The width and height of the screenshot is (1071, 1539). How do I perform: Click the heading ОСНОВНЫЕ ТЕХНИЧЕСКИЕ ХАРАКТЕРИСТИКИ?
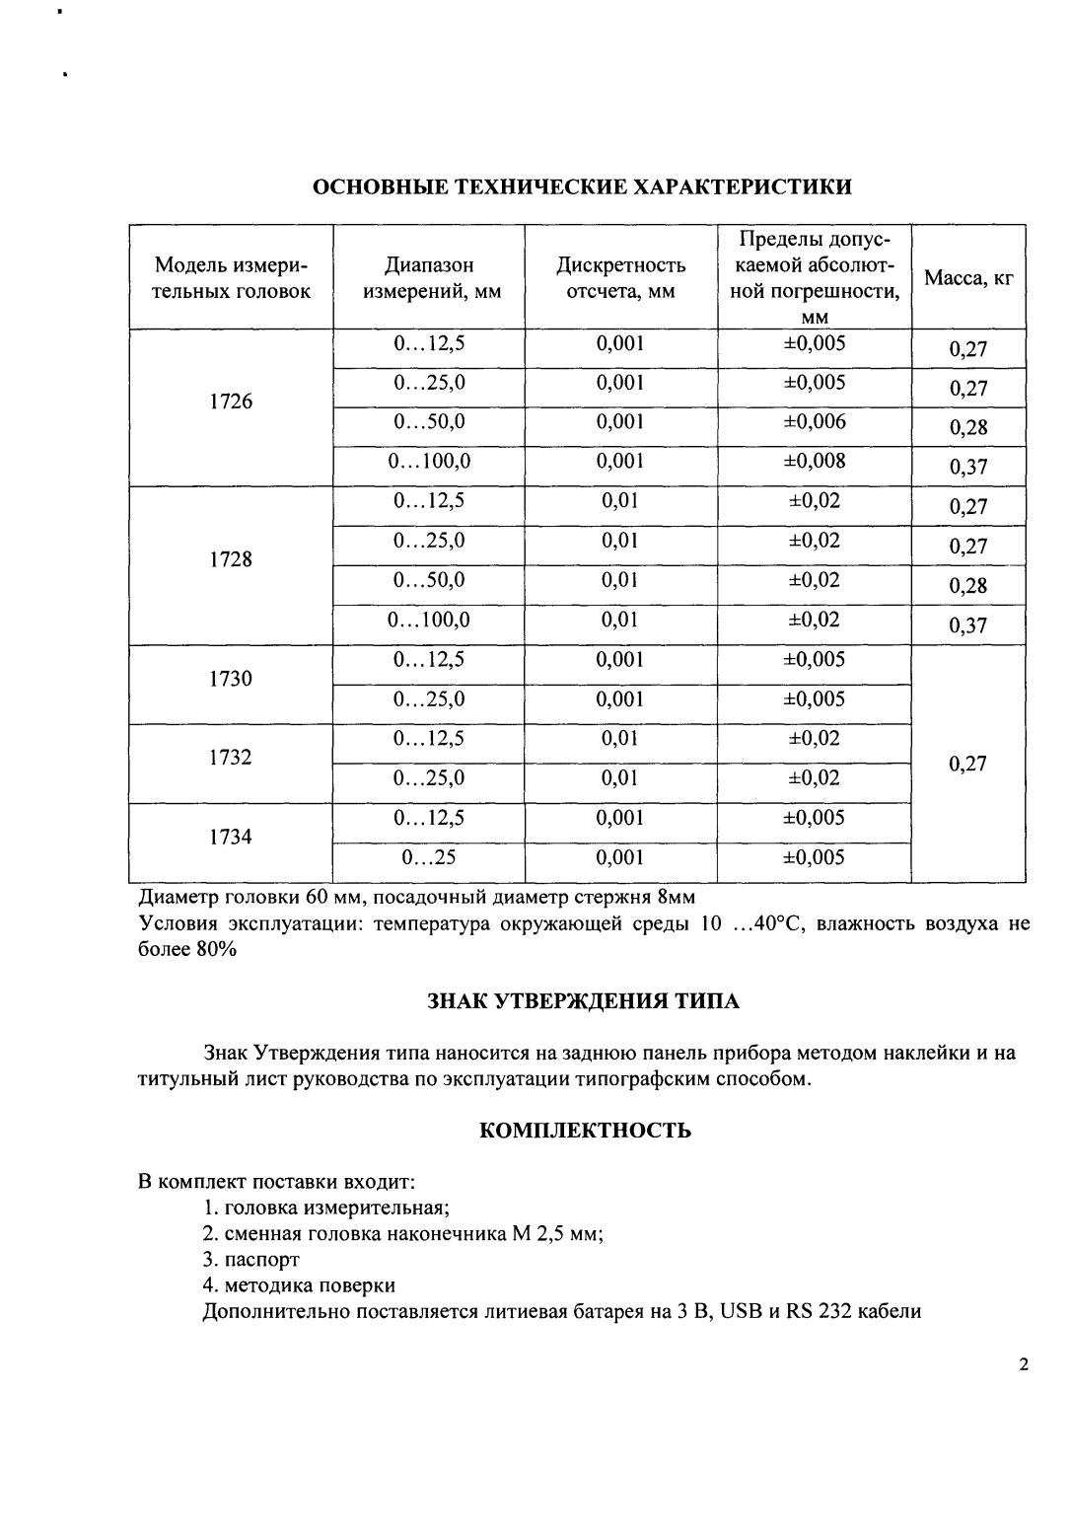582,186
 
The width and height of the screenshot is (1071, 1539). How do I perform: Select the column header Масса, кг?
968,278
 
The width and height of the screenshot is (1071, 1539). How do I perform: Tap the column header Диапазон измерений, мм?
429,278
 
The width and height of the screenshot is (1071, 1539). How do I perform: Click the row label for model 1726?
231,402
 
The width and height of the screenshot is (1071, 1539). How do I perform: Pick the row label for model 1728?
231,559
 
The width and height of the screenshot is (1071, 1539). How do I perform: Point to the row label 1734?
231,837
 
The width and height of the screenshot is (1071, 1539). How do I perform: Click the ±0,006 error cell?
815,422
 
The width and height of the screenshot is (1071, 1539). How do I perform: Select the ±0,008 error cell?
815,462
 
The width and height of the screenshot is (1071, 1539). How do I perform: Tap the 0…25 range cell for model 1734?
429,857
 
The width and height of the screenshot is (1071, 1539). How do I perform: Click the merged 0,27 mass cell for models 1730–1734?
968,764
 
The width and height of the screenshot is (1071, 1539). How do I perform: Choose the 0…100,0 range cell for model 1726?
429,462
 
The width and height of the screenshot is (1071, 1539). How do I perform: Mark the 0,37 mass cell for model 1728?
968,625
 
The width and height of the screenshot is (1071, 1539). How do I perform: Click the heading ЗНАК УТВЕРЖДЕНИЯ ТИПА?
583,1001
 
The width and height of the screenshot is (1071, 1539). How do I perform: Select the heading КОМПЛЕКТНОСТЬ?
585,1131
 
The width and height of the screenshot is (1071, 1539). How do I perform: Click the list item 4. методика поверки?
299,1285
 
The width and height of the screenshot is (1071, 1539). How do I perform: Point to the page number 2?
1023,1365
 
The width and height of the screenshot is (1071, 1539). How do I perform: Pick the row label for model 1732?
231,758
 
